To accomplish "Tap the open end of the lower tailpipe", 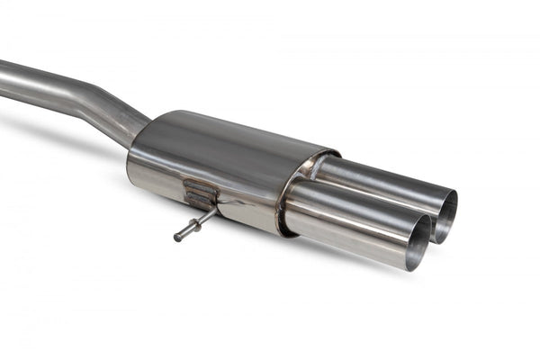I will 419,243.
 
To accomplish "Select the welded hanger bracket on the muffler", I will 199,193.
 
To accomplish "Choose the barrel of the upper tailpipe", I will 378,180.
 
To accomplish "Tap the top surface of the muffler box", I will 234,135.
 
